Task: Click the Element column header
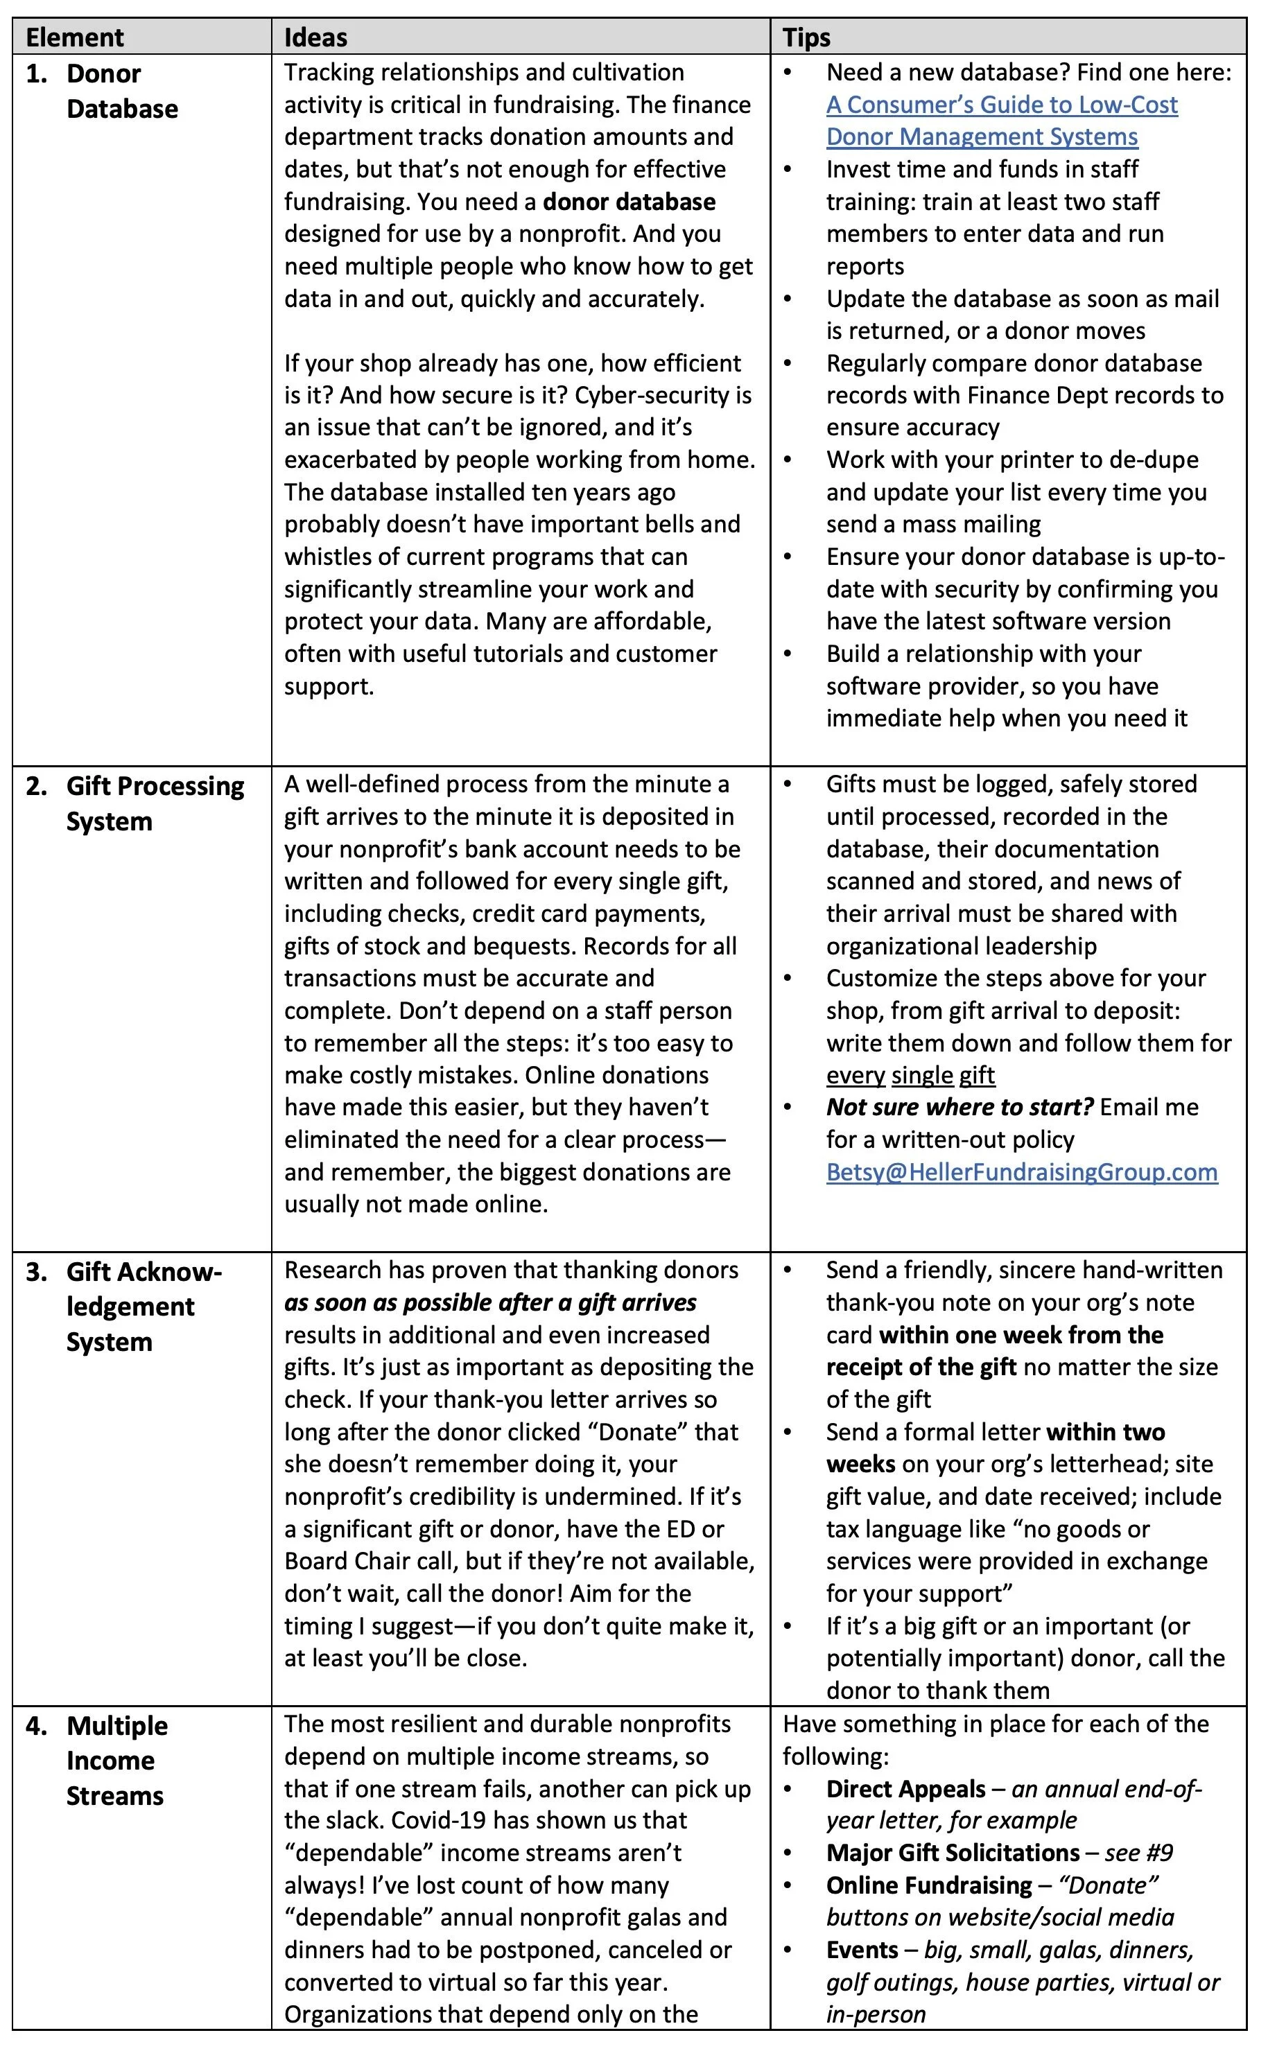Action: coord(75,37)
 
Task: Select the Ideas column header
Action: coord(315,37)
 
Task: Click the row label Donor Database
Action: coord(121,91)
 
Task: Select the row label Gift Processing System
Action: coord(155,803)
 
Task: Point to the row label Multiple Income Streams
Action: coord(116,1760)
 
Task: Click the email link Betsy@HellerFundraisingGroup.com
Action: coord(1021,1171)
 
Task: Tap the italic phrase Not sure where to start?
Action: coord(959,1107)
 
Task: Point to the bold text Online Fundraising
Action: coord(928,1885)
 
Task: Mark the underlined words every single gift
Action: coord(910,1075)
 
